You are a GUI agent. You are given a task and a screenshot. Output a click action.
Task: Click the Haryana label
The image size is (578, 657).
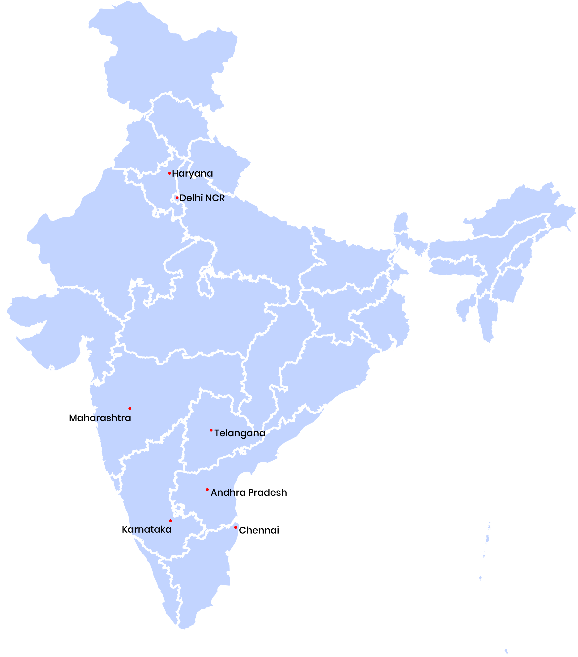click(192, 174)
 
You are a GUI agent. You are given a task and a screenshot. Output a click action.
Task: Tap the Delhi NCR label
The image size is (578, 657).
click(202, 198)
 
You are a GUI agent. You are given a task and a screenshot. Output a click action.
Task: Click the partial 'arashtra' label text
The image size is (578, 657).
click(111, 418)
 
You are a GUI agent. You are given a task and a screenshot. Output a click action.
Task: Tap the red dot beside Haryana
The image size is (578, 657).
click(170, 173)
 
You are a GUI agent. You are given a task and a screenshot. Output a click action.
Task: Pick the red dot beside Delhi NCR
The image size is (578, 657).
click(177, 198)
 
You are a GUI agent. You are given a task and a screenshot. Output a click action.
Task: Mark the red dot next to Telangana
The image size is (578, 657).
click(211, 430)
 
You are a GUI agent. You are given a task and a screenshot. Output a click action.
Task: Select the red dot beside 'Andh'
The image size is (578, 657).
click(207, 490)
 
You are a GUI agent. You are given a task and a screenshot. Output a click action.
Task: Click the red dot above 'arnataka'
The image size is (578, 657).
click(170, 521)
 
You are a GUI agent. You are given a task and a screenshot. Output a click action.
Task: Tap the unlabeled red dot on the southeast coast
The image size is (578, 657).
click(236, 527)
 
